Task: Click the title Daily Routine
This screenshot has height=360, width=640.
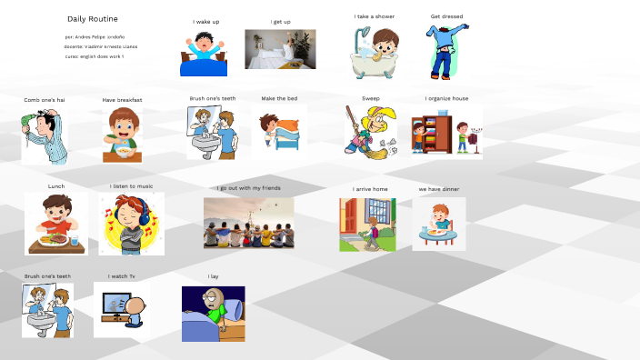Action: point(92,19)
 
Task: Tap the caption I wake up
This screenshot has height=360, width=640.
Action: point(205,22)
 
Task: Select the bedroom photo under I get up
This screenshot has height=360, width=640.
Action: point(280,49)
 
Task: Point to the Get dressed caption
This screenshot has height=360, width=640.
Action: point(446,16)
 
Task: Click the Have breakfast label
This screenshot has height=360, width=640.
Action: point(122,100)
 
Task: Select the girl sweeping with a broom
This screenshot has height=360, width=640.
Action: point(369,130)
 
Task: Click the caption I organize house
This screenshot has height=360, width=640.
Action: point(446,98)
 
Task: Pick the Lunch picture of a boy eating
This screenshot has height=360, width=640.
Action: point(56,224)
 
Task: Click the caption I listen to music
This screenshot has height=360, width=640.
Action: point(131,186)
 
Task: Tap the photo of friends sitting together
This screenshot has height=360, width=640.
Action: point(248,223)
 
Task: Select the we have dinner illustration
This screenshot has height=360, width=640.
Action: point(438,224)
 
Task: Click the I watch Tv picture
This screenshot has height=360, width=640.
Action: point(122,309)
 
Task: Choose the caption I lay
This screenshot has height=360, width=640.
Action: point(213,275)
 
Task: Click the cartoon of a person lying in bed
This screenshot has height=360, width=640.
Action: point(213,314)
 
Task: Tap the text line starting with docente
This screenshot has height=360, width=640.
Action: point(100,46)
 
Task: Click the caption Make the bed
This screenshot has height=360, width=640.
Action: point(279,98)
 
